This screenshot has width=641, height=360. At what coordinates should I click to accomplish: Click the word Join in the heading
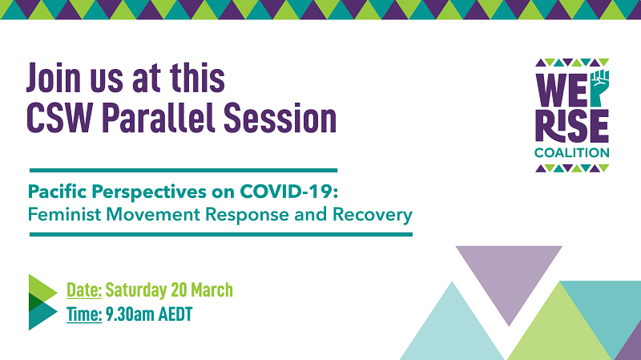coord(54,78)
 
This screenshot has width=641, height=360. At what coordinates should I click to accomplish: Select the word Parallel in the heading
coord(158,118)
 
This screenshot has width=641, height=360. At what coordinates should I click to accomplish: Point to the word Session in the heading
coord(280,118)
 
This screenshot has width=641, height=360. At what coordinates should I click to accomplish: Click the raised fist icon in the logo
coord(599,88)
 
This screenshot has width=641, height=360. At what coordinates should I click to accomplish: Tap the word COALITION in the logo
coord(572,153)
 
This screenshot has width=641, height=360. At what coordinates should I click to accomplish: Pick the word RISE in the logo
coord(572,126)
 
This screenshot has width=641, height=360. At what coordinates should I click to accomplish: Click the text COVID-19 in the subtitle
coord(289,192)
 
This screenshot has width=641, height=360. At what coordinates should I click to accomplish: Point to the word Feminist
coord(64,214)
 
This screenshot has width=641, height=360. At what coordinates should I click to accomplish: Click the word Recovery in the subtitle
coord(373,215)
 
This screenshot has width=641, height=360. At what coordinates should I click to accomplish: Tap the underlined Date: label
coord(84,290)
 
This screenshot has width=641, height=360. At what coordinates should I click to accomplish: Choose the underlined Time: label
coord(84,314)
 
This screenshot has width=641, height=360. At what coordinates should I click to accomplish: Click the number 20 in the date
coord(179,290)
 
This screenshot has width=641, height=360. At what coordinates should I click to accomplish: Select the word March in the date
coord(212,290)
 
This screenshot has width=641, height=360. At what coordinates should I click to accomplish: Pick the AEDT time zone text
coord(175,314)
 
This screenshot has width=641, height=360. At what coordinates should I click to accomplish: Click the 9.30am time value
coord(130,314)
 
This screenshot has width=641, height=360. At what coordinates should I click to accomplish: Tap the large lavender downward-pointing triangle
coord(509,278)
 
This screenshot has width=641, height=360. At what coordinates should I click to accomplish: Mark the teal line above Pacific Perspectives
coord(183,170)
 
